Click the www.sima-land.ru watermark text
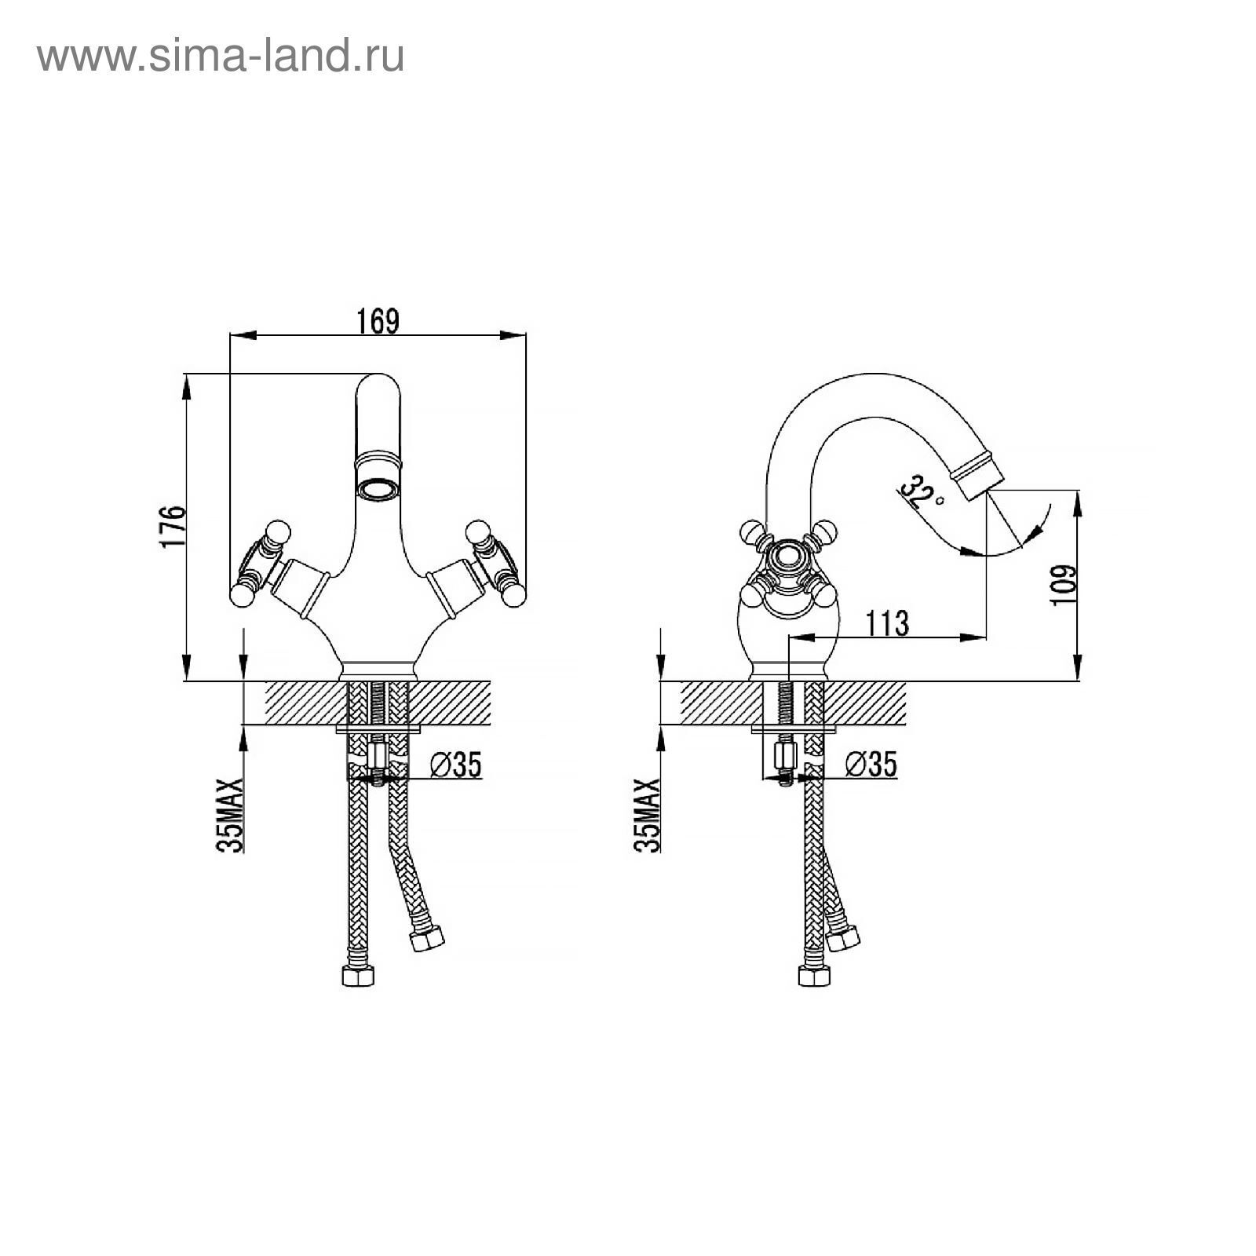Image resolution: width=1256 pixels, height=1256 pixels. (221, 57)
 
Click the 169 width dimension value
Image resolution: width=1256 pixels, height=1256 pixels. (378, 321)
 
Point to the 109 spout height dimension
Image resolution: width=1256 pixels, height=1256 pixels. (1062, 585)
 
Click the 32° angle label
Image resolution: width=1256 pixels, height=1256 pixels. (918, 492)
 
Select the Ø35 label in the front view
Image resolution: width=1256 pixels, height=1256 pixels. (456, 764)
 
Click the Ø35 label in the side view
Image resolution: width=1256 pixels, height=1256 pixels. (871, 764)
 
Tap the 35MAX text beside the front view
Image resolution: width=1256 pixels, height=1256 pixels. (231, 816)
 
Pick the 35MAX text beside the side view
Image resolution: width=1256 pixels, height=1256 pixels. (647, 816)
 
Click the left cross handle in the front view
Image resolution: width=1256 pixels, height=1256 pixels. (262, 562)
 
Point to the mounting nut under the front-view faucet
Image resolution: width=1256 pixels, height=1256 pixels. (378, 757)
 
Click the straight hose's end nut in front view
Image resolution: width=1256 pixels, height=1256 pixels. (358, 976)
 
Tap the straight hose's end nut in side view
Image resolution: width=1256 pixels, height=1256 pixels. (814, 976)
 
